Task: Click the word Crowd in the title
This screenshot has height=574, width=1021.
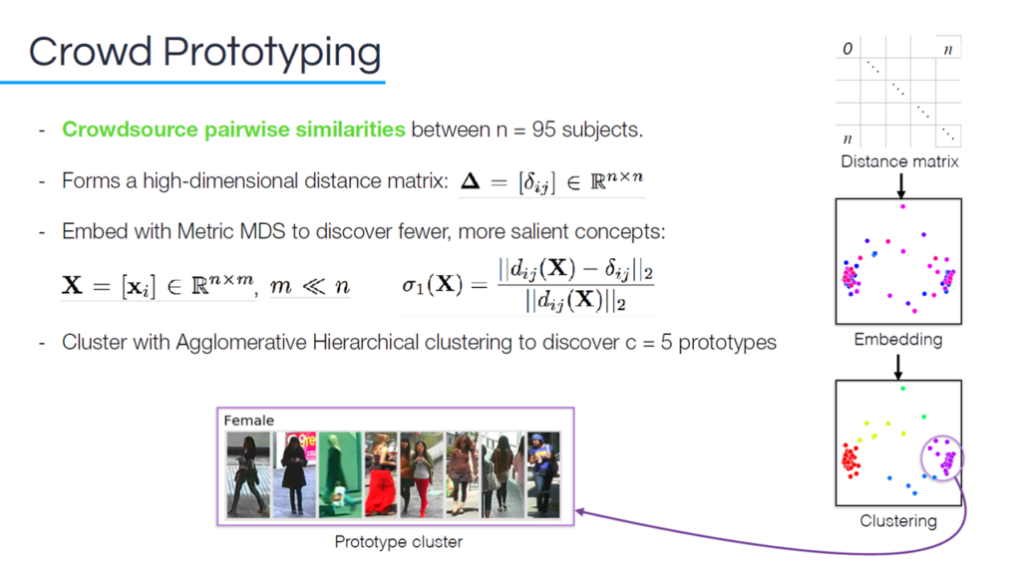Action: pyautogui.click(x=90, y=51)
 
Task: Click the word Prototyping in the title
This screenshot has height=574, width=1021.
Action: pyautogui.click(x=271, y=54)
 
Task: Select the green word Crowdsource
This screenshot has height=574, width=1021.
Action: pyautogui.click(x=130, y=130)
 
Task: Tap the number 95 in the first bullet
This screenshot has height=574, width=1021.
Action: pyautogui.click(x=543, y=130)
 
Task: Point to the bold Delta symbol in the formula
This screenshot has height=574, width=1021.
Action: pyautogui.click(x=471, y=180)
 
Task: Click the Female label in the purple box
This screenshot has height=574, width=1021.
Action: pyautogui.click(x=248, y=421)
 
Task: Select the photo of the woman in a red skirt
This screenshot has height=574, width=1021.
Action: pyautogui.click(x=381, y=474)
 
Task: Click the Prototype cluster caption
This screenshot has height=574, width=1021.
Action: pyautogui.click(x=399, y=541)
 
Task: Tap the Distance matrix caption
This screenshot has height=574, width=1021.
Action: pyautogui.click(x=899, y=161)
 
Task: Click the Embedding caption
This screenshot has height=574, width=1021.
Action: pyautogui.click(x=898, y=340)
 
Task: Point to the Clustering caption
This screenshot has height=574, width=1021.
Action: pyautogui.click(x=898, y=521)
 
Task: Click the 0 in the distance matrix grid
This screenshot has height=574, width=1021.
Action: pyautogui.click(x=848, y=49)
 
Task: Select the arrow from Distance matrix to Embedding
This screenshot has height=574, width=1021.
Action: pyautogui.click(x=901, y=185)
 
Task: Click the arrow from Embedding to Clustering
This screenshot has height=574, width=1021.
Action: pyautogui.click(x=898, y=367)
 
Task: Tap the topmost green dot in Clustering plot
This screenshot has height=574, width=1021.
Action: pyautogui.click(x=902, y=389)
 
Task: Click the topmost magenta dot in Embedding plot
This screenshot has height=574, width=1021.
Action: pyautogui.click(x=902, y=206)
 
